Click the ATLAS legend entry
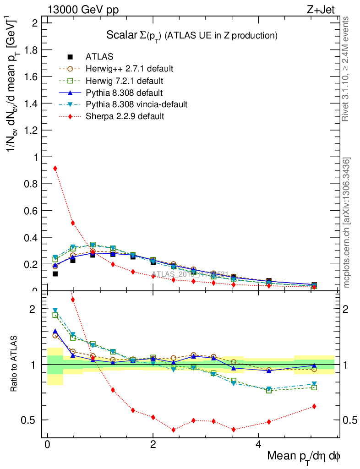99,57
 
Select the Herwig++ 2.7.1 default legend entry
129,69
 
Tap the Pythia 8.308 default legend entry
124,93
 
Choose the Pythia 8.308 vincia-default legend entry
136,104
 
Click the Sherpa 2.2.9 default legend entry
125,116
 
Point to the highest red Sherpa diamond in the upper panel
55,169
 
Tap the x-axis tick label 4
258,445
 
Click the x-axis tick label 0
48,445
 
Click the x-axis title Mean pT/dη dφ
304,457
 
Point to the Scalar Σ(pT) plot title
192,35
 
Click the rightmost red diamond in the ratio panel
314,406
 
